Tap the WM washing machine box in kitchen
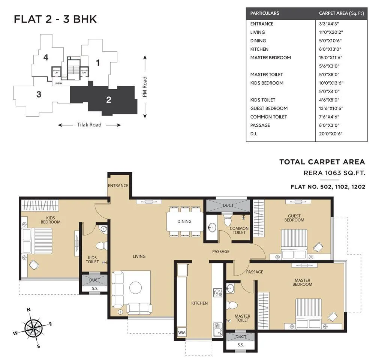(x=182, y=332)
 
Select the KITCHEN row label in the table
(x=259, y=49)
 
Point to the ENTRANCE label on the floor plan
(x=118, y=186)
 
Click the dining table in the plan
(x=184, y=221)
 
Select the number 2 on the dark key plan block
(x=109, y=100)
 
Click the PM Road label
(x=145, y=87)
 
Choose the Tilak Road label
(x=89, y=125)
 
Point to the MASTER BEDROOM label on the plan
(x=303, y=282)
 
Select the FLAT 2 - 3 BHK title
(x=55, y=19)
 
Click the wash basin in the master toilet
(x=230, y=288)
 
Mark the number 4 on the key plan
(x=46, y=57)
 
